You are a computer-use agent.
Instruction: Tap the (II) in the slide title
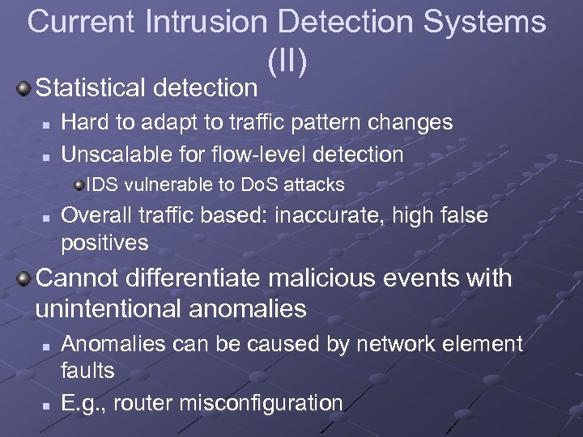coord(291,58)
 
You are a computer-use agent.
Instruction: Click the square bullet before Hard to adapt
coord(47,125)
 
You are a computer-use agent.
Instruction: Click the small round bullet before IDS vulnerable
coord(79,185)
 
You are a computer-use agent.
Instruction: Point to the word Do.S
coord(259,185)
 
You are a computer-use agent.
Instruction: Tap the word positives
coord(105,242)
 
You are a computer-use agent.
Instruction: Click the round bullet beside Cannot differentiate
coord(25,279)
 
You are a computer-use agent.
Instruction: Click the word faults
coord(88,371)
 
